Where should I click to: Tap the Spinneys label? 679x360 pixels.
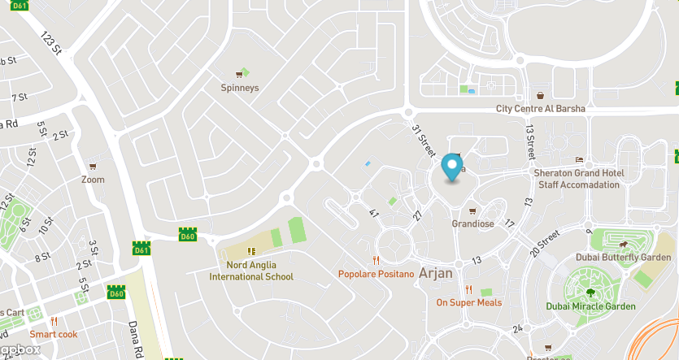pos(240,87)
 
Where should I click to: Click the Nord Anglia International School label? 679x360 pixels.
pos(251,271)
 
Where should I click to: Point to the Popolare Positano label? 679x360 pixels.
pos(376,274)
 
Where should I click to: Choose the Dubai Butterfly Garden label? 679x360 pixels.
pos(622,258)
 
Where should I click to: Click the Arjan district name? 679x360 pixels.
pos(436,272)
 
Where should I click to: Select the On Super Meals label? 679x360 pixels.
pos(469,302)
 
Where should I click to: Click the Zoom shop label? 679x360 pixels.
pos(93,180)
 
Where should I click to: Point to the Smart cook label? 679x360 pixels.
pos(54,334)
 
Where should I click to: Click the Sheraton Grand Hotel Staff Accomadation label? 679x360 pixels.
pos(578,179)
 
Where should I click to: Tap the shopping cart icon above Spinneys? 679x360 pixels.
pos(240,73)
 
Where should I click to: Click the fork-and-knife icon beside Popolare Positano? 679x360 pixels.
pos(375,260)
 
